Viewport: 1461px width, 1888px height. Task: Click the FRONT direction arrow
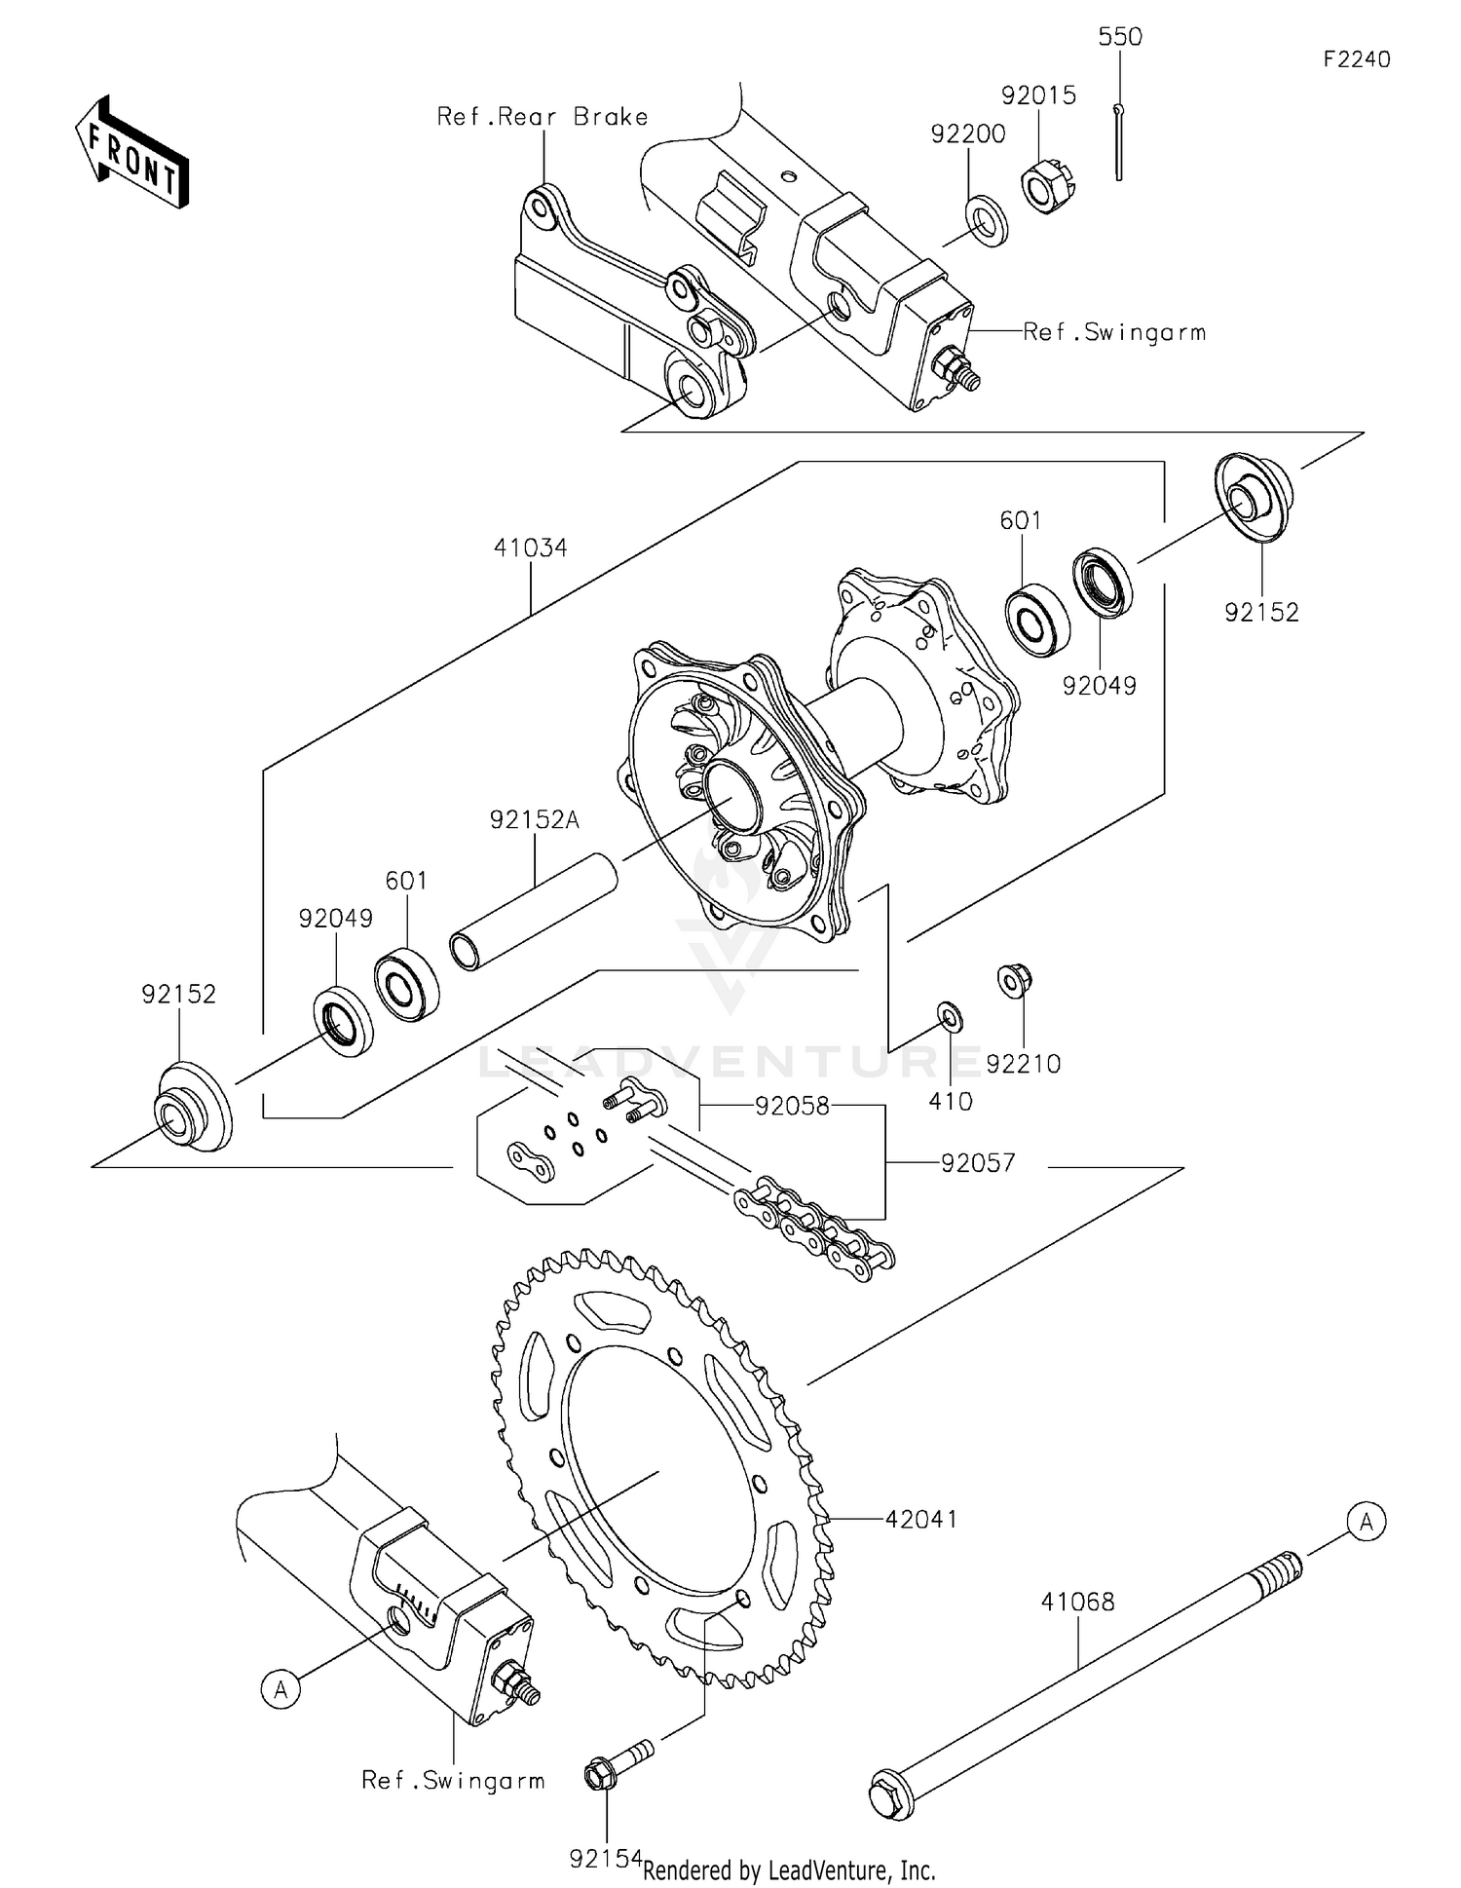pyautogui.click(x=131, y=154)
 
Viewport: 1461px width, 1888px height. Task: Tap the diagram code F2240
pyautogui.click(x=1356, y=59)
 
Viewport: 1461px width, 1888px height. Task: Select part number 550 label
pyautogui.click(x=1119, y=37)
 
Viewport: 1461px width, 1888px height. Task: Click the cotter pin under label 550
pyautogui.click(x=1119, y=141)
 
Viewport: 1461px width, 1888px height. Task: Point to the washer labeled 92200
pyautogui.click(x=987, y=220)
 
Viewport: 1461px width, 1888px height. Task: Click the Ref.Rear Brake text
pyautogui.click(x=543, y=117)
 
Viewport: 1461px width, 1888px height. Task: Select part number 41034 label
pyautogui.click(x=530, y=548)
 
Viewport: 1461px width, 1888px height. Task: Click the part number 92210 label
pyautogui.click(x=1023, y=1064)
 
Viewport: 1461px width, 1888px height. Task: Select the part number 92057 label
pyautogui.click(x=977, y=1162)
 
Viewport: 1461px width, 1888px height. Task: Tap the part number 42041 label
pyautogui.click(x=920, y=1519)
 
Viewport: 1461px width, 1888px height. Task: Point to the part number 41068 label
pyautogui.click(x=1077, y=1602)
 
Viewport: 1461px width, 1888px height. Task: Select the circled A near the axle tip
pyautogui.click(x=1366, y=1521)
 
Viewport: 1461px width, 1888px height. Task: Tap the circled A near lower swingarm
pyautogui.click(x=281, y=1688)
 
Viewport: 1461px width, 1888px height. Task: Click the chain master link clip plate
pyautogui.click(x=531, y=1160)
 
